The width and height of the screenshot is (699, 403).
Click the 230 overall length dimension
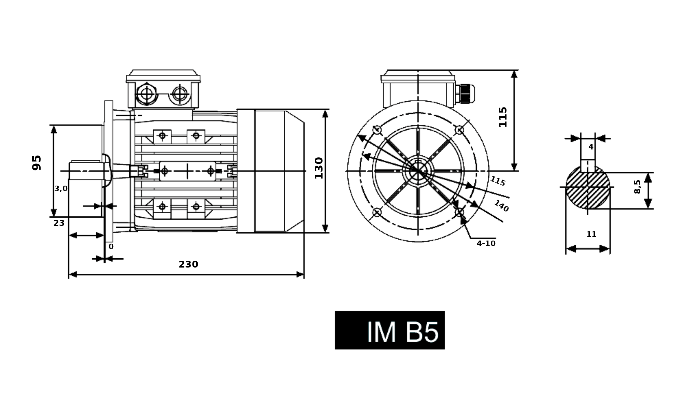tap(188, 264)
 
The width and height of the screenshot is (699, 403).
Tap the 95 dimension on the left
tap(37, 162)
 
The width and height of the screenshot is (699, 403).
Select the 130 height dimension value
tap(319, 168)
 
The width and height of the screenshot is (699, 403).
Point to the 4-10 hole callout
tap(486, 243)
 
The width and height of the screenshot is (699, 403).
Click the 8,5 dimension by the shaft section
tap(637, 187)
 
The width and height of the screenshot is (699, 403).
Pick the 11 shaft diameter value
tap(591, 234)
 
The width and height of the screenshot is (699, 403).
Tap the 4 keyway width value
tap(591, 147)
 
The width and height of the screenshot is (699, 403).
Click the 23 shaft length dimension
tap(59, 223)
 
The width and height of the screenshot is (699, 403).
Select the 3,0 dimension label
tap(61, 189)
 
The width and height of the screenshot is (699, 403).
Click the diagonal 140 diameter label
tap(501, 206)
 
